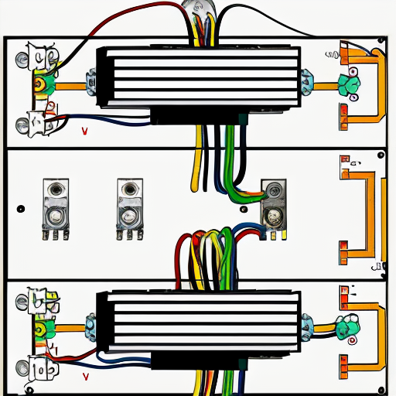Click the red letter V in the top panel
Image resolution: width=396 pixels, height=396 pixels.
tap(84, 132)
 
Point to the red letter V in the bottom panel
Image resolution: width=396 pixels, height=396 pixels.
tap(85, 377)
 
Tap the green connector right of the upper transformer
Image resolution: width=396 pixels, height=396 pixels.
tap(350, 83)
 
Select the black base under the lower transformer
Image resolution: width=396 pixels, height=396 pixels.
tap(193, 360)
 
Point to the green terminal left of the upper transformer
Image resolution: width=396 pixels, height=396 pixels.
tap(41, 81)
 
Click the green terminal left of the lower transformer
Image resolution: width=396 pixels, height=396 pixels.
tap(39, 328)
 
